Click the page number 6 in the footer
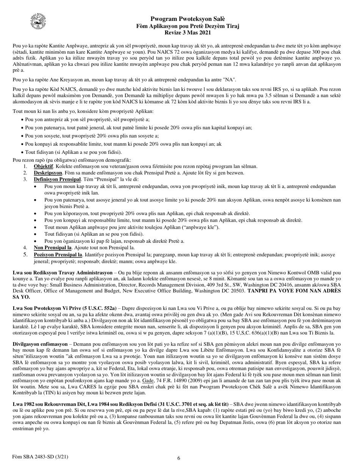pyautogui.click(x=179, y=458)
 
